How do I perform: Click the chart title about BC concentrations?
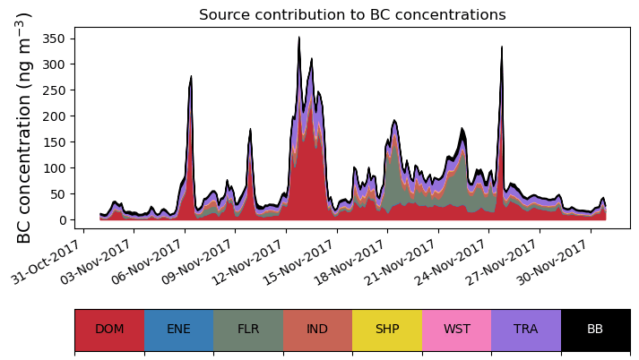pos(352,15)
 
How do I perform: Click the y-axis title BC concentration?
pos(24,127)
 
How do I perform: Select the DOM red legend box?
pos(109,330)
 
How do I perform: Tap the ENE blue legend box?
pos(178,330)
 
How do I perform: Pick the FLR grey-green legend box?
pos(248,330)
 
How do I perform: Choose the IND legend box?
pos(317,330)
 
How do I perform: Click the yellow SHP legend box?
pos(387,330)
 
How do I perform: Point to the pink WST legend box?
pos(456,330)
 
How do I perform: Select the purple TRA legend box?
pos(526,330)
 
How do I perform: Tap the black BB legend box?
pos(595,330)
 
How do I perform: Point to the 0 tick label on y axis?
pos(63,220)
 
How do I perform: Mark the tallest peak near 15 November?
pos(299,39)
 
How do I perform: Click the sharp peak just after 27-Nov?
pos(502,47)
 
